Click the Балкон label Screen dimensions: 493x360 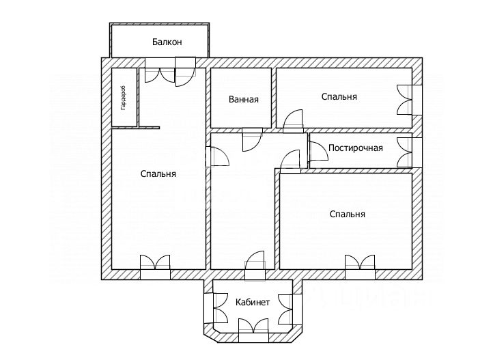(167, 42)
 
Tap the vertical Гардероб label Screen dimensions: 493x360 (123, 98)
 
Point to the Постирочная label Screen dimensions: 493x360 (355, 148)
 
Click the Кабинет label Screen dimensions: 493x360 (253, 302)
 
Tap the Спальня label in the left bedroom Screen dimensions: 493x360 (158, 174)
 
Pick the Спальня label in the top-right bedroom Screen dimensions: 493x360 (339, 97)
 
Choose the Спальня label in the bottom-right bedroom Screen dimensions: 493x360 (348, 214)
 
